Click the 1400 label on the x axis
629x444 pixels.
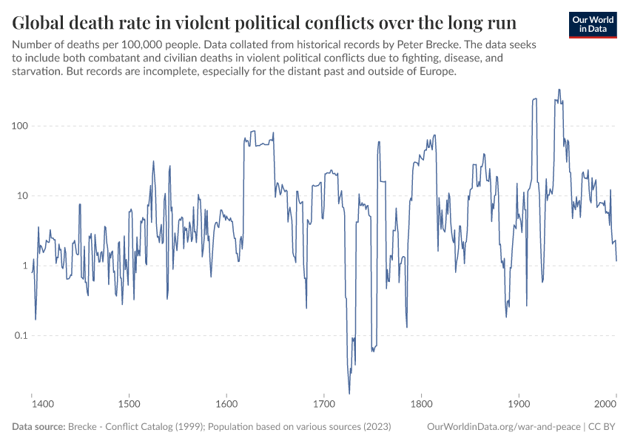(43, 405)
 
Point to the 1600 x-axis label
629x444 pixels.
(226, 405)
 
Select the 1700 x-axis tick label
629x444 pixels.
(323, 405)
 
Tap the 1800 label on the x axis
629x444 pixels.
(421, 405)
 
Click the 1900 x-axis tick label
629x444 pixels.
(519, 405)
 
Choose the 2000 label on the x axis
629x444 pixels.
(606, 405)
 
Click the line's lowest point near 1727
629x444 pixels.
(349, 393)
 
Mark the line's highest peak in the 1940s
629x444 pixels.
(559, 90)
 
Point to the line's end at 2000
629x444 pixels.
(616, 260)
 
